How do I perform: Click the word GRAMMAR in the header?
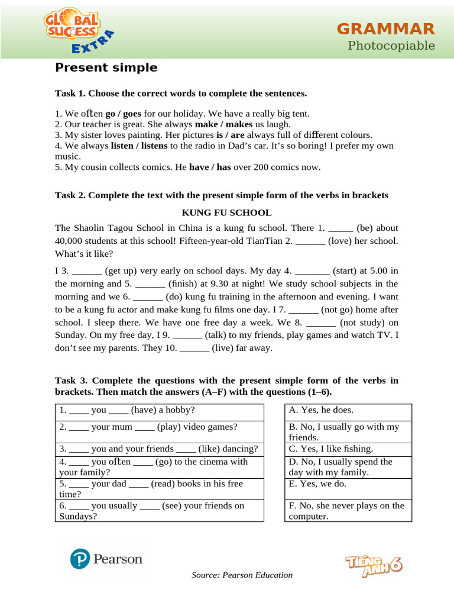click(385, 28)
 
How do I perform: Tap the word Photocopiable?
click(391, 46)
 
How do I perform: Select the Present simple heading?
click(106, 67)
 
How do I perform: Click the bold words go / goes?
click(123, 114)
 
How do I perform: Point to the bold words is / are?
click(230, 135)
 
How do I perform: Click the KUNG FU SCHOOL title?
click(226, 212)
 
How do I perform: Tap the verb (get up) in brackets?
click(121, 271)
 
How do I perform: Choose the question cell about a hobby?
click(159, 411)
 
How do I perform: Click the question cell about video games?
click(159, 427)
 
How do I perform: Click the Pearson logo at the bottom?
click(106, 559)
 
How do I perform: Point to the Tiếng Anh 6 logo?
click(373, 565)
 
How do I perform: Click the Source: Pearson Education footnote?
click(242, 575)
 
